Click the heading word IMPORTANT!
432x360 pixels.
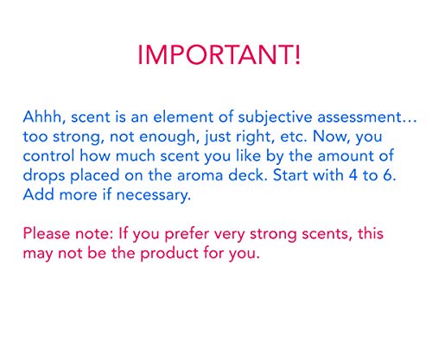click(219, 54)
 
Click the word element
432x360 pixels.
click(183, 117)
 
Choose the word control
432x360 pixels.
click(48, 155)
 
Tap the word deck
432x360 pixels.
click(248, 175)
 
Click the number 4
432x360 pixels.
click(353, 175)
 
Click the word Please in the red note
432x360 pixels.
click(47, 233)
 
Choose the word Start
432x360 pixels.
click(290, 175)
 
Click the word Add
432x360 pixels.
click(39, 194)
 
